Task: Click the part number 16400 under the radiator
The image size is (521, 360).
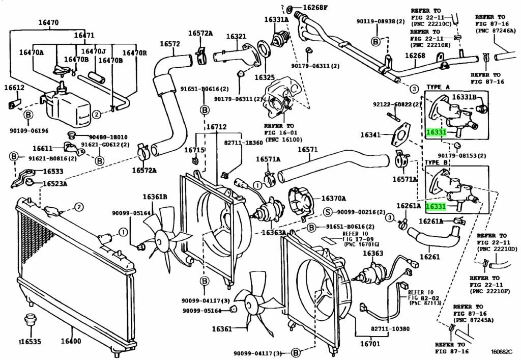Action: [71, 341]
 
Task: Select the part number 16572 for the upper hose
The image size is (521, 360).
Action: [170, 44]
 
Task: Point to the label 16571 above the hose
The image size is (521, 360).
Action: [307, 150]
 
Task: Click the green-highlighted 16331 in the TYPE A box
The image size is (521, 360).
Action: [436, 132]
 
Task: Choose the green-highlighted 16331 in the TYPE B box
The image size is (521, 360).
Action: [436, 206]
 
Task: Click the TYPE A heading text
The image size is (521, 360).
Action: [438, 87]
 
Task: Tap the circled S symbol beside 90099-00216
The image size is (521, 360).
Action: [328, 212]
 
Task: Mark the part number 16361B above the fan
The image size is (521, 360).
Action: [155, 197]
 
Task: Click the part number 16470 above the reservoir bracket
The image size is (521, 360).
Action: [48, 22]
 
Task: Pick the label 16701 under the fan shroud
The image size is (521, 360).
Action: [370, 344]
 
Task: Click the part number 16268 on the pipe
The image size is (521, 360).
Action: [415, 56]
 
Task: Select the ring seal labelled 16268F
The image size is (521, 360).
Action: [289, 9]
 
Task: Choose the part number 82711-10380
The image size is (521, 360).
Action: [390, 329]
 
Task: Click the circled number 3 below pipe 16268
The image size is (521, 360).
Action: [414, 89]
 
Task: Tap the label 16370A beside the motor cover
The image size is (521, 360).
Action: [334, 199]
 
